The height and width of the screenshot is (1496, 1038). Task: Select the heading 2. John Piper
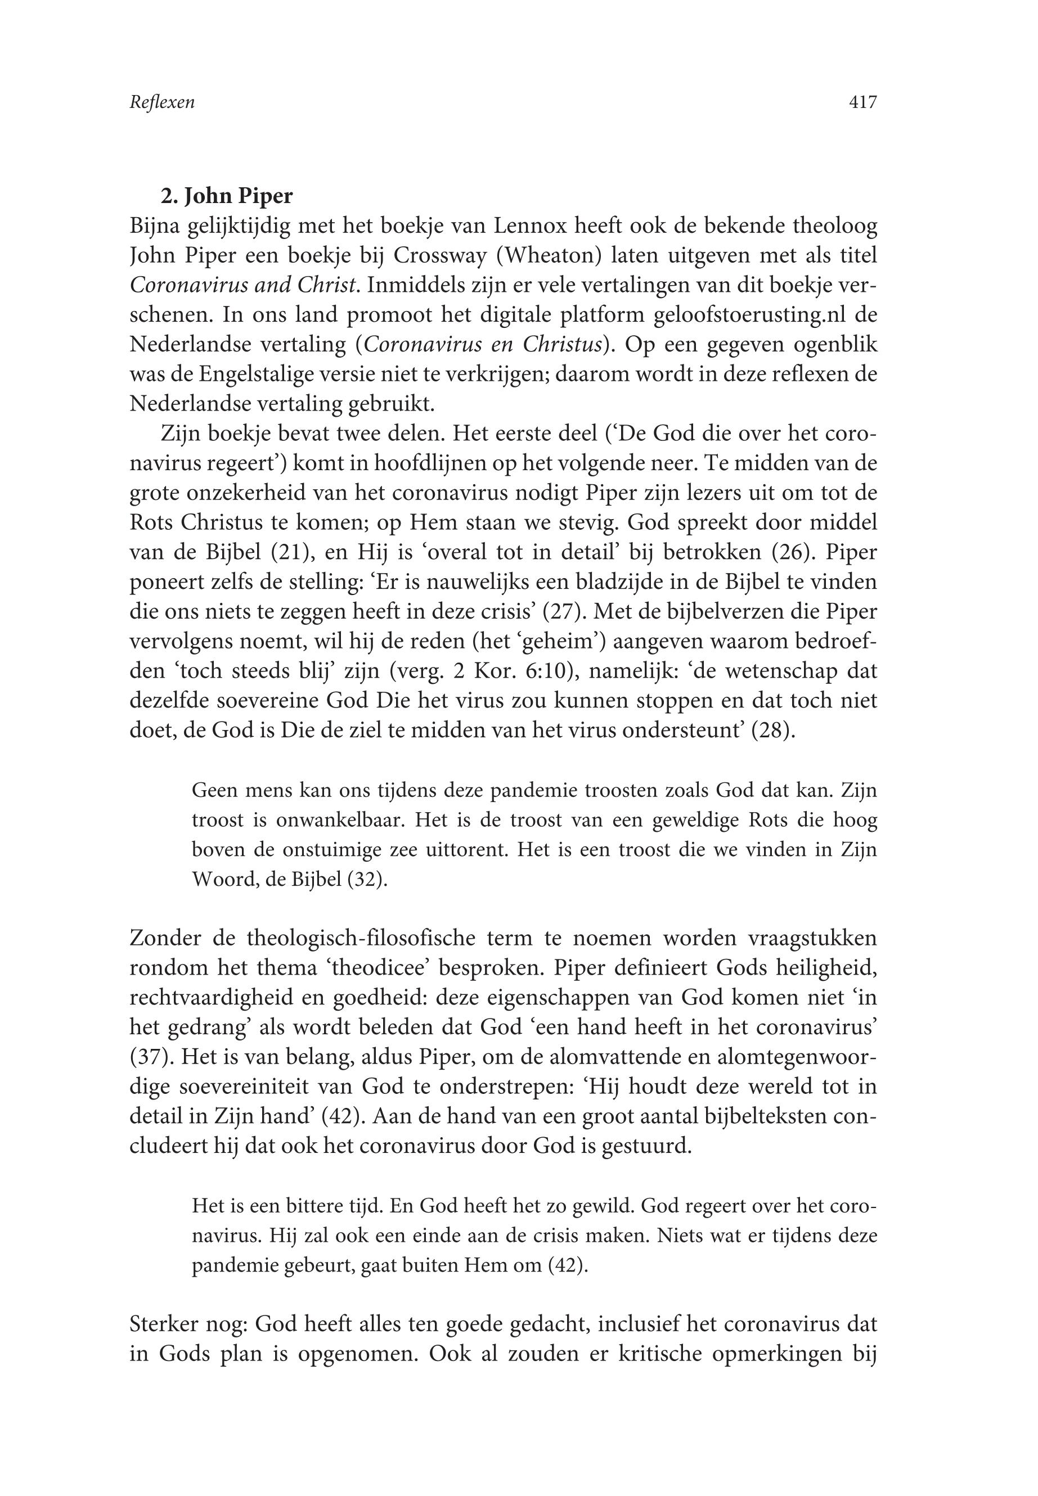pos(227,196)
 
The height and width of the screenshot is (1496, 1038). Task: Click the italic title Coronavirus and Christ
pos(244,285)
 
